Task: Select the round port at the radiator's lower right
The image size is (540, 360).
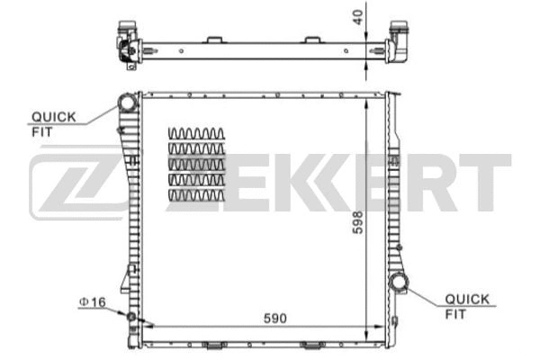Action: [398, 285]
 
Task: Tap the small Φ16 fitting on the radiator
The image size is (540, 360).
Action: [132, 317]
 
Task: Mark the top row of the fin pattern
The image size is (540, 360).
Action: [195, 134]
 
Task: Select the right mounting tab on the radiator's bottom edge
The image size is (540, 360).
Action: [311, 344]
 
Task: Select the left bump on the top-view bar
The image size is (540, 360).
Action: [214, 39]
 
